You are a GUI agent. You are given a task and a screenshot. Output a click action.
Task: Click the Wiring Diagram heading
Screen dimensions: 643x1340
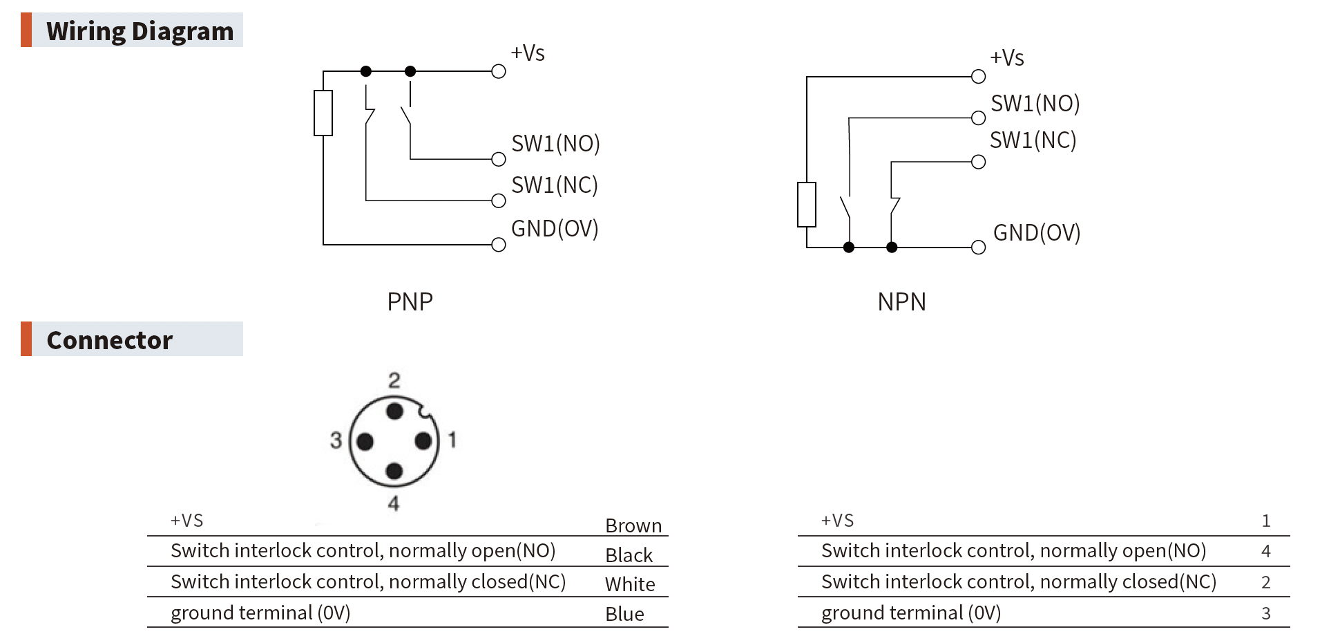pyautogui.click(x=140, y=31)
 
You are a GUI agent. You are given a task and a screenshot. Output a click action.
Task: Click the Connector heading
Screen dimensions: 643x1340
pyautogui.click(x=109, y=339)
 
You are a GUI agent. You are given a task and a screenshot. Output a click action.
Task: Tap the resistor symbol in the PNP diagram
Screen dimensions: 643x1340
pyautogui.click(x=323, y=113)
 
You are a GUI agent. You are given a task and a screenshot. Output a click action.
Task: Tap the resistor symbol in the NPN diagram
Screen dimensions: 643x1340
pyautogui.click(x=806, y=204)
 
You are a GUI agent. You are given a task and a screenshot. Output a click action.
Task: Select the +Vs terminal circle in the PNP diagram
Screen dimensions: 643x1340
pyautogui.click(x=499, y=71)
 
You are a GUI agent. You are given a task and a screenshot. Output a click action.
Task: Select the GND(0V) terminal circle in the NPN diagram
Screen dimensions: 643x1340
pyautogui.click(x=978, y=247)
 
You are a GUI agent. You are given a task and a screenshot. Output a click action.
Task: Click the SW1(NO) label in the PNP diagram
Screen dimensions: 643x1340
pyautogui.click(x=555, y=143)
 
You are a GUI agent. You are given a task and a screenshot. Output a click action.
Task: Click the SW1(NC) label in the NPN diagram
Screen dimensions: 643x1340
pyautogui.click(x=1033, y=140)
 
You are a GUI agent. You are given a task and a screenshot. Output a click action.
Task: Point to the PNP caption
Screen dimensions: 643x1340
pyautogui.click(x=410, y=301)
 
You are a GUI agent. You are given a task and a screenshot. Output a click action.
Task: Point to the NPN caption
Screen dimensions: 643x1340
pyautogui.click(x=901, y=301)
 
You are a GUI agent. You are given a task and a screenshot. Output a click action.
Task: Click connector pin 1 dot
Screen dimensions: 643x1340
pyautogui.click(x=423, y=441)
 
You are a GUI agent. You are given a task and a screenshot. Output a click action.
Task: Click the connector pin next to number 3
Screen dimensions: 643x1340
pyautogui.click(x=365, y=441)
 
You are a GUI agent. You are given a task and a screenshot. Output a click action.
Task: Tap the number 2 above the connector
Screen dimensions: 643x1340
pyautogui.click(x=394, y=380)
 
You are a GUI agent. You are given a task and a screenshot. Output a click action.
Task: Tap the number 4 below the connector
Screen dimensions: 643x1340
pyautogui.click(x=394, y=503)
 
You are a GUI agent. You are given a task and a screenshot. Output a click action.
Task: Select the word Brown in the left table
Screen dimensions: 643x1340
pyautogui.click(x=633, y=525)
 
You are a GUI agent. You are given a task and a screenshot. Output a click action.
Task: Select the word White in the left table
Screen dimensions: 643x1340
pyautogui.click(x=629, y=584)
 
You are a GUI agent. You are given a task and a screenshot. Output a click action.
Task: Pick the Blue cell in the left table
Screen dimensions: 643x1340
pyautogui.click(x=624, y=614)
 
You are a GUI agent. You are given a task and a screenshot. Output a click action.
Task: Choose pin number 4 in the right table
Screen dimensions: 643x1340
pyautogui.click(x=1265, y=551)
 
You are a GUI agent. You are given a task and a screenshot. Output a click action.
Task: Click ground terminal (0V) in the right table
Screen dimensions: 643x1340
pyautogui.click(x=910, y=613)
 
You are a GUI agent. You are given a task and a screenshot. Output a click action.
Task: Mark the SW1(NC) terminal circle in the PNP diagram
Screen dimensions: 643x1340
pyautogui.click(x=499, y=201)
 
